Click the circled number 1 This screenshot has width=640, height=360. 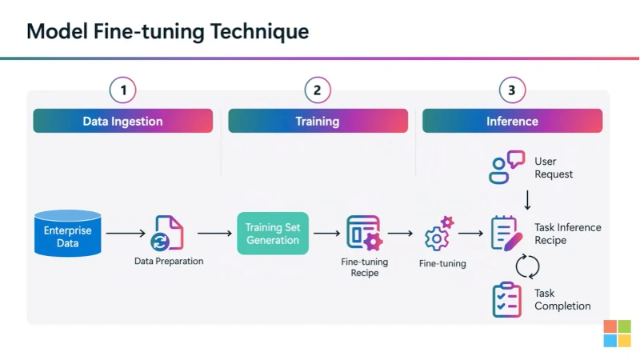pyautogui.click(x=123, y=90)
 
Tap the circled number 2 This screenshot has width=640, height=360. pyautogui.click(x=317, y=90)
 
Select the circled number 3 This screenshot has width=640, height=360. pyautogui.click(x=511, y=90)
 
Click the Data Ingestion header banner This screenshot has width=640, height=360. pyautogui.click(x=123, y=122)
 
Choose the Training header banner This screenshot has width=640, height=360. pyautogui.click(x=317, y=122)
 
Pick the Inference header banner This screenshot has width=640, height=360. pyautogui.click(x=512, y=122)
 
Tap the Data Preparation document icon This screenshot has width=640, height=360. pyautogui.click(x=169, y=233)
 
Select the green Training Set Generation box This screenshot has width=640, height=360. pyautogui.click(x=273, y=233)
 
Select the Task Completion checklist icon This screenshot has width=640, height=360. pyautogui.click(x=506, y=299)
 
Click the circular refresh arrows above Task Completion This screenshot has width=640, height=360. pyautogui.click(x=528, y=266)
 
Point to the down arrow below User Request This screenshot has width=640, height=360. pyautogui.click(x=528, y=198)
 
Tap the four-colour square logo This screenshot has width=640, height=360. pyautogui.click(x=617, y=333)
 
